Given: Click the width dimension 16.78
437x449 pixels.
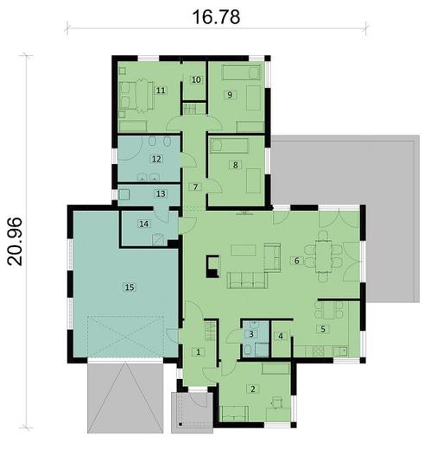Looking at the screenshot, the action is tap(216, 16).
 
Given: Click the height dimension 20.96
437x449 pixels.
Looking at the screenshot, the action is tap(15, 241).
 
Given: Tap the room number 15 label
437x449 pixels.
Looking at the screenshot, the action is tap(130, 287).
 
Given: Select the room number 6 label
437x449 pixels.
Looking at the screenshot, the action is tap(296, 261).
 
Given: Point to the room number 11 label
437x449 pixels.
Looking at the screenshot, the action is tap(161, 91).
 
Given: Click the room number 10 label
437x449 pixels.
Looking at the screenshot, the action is tap(196, 79).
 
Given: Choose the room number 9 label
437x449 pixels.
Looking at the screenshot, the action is tap(230, 94).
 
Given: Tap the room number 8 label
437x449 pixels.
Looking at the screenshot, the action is tap(236, 165).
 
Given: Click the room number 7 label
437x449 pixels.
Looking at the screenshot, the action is tap(195, 187).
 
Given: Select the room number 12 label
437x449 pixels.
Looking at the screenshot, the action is tap(156, 159).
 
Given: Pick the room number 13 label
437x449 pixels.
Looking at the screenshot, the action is tap(161, 193).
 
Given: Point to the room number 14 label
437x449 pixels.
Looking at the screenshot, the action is tap(144, 224).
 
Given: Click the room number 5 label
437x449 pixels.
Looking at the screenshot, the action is tap(323, 329).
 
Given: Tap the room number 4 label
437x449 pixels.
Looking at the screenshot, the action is tap(281, 336).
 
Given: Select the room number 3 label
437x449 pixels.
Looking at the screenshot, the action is tap(251, 334).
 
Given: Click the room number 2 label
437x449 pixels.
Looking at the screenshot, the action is tap(253, 389).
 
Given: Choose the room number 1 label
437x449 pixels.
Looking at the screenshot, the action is tap(198, 351).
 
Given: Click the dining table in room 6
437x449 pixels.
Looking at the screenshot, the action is tap(324, 256).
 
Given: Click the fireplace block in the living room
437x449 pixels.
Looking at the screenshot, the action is tap(213, 266).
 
